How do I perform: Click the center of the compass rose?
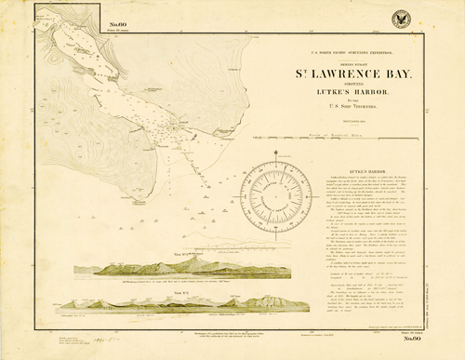pos(276,191)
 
